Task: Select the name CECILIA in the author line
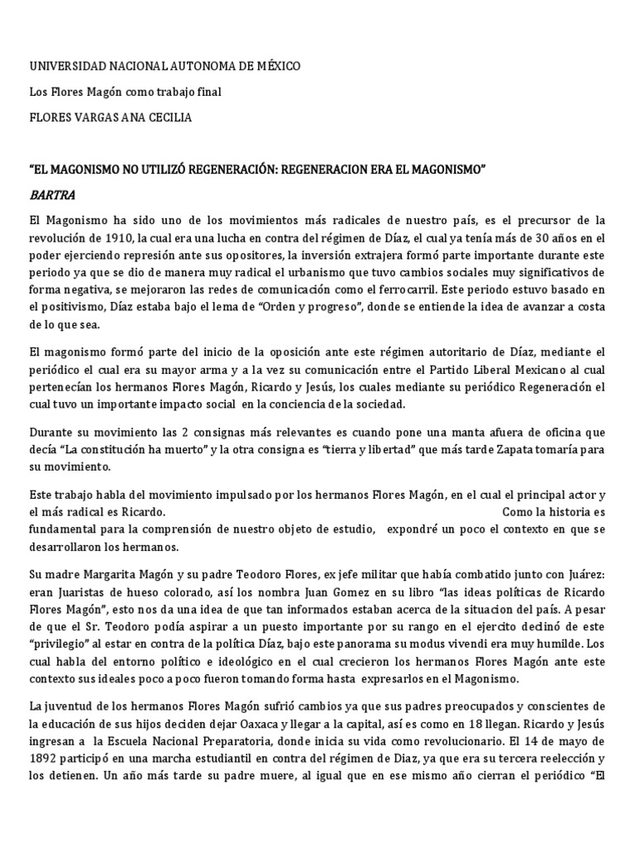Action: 168,117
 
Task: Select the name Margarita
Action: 104,574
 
